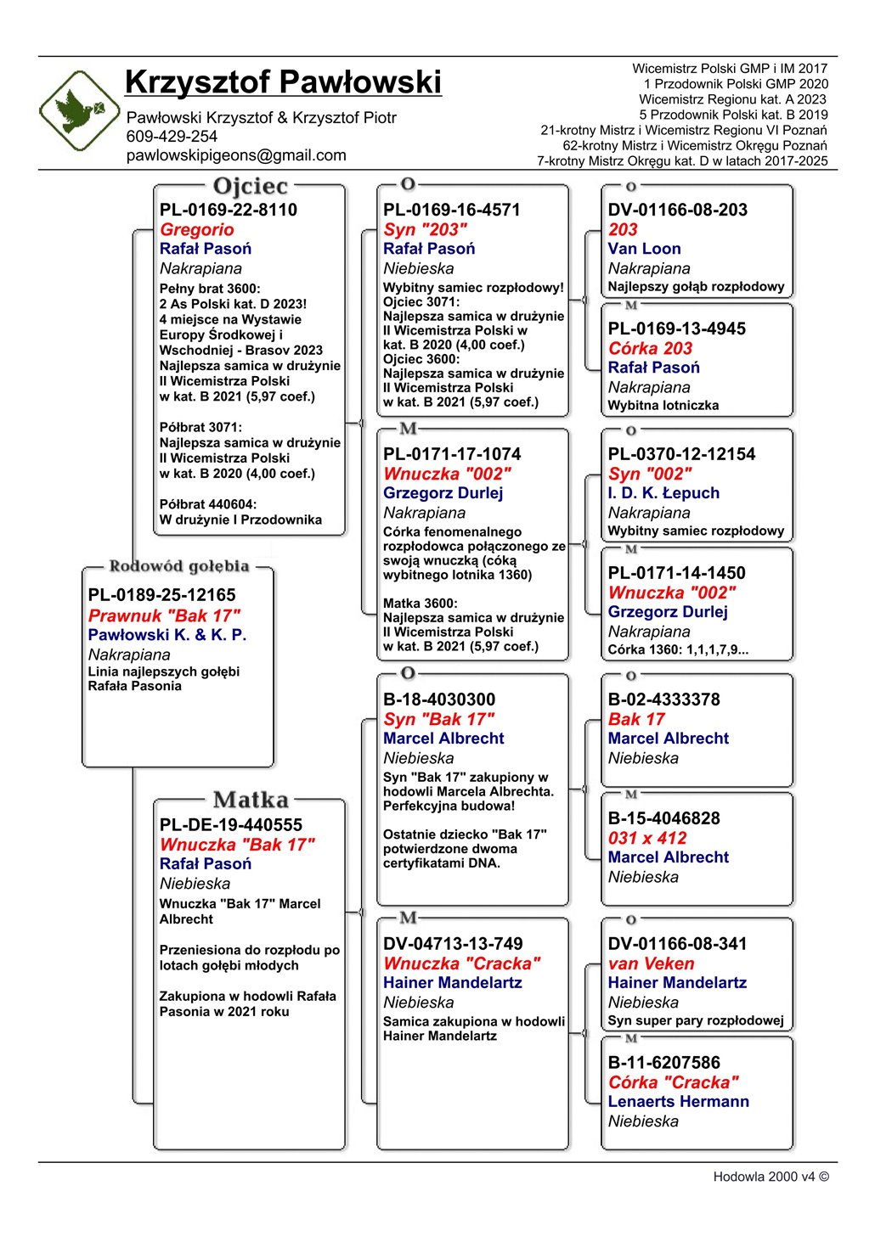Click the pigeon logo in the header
[79, 110]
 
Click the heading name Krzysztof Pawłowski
[283, 82]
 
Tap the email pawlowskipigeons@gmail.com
[236, 155]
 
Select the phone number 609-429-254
[172, 137]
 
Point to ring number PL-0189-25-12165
[161, 595]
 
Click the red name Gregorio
[196, 229]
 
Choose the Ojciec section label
[251, 186]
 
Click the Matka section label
[251, 800]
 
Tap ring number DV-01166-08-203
[677, 210]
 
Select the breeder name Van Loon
[644, 249]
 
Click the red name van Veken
[651, 964]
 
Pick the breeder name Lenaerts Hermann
[678, 1101]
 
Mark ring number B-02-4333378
[663, 699]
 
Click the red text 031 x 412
[646, 838]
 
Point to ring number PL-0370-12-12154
[681, 454]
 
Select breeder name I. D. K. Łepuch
[663, 493]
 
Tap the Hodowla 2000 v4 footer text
[771, 1177]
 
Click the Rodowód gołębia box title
[179, 566]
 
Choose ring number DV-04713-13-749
[453, 944]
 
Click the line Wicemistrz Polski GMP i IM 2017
[729, 69]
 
